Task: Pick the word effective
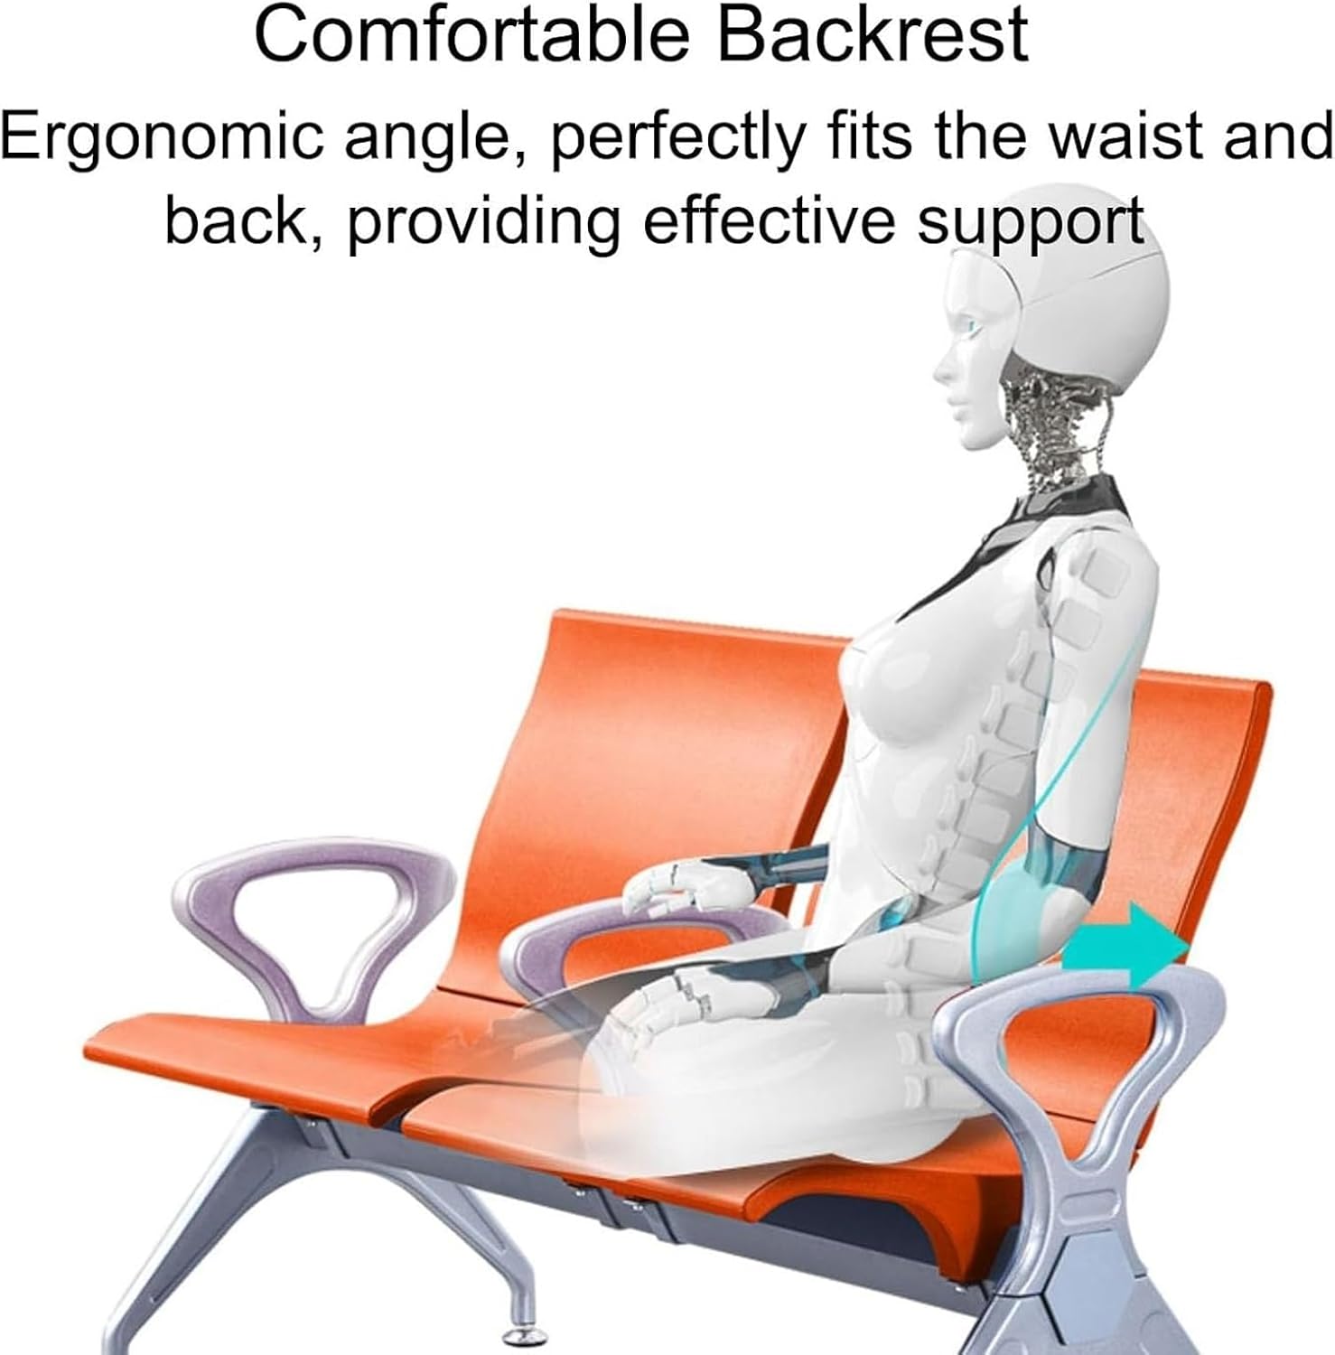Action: click(767, 221)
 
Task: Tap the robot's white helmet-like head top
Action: click(1084, 289)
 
